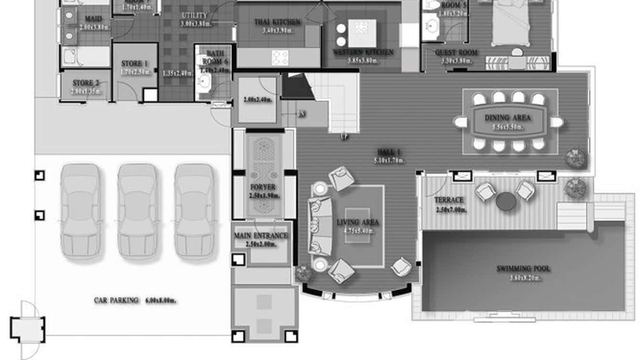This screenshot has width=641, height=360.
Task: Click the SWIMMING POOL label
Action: pos(523,269)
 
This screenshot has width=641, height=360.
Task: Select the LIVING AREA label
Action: pos(358,222)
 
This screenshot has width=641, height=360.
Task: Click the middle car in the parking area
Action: pos(138,211)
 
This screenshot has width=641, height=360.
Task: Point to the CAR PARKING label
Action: pos(116,300)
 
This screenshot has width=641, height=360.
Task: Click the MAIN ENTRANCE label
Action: pos(261,236)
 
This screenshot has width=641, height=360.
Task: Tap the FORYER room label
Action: pos(263,188)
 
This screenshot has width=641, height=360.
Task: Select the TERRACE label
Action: pos(449,200)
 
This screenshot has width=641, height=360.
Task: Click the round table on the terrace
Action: pos(506,201)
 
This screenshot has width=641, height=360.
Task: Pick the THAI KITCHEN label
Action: pos(277,22)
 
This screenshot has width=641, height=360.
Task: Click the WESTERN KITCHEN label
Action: pos(363,52)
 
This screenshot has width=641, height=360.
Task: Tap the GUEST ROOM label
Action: pos(456,53)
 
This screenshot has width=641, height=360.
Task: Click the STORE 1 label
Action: pos(135,64)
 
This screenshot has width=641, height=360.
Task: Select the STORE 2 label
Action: pos(83,83)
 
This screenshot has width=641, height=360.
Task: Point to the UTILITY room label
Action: pos(194,15)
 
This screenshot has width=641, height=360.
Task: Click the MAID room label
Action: pos(93,19)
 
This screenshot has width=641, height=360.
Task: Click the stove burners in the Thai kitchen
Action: pos(280,58)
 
